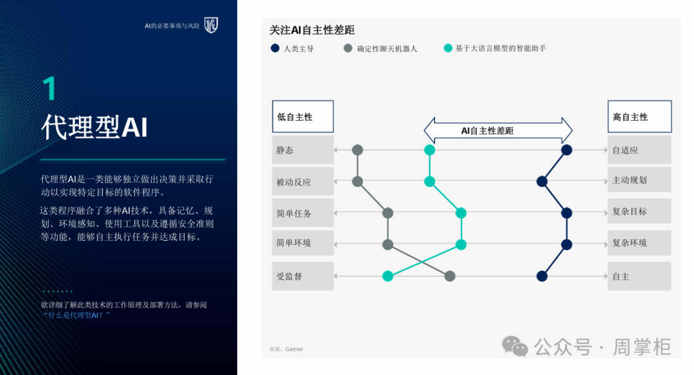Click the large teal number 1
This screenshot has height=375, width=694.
[x=49, y=88]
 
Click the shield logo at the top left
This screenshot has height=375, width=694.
[x=211, y=25]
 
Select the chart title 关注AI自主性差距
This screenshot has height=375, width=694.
[x=312, y=30]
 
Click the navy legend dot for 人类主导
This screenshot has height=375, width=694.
[x=275, y=48]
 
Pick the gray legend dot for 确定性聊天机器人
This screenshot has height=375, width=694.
[x=348, y=48]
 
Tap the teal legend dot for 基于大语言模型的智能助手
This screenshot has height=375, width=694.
[x=448, y=48]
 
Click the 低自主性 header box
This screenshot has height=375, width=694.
[x=303, y=117]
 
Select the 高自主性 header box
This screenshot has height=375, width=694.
[x=639, y=117]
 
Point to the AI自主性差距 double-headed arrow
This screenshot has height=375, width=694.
[x=498, y=130]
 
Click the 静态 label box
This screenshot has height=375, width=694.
[x=303, y=150]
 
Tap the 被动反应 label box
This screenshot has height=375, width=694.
[x=303, y=181]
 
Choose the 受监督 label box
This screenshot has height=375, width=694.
[x=303, y=276]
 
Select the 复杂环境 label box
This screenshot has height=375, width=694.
[x=639, y=243]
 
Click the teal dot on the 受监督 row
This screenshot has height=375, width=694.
[x=387, y=276]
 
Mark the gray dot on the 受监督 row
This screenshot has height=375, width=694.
[x=450, y=276]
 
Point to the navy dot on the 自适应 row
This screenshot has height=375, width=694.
[x=567, y=150]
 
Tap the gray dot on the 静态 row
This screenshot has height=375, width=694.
[x=358, y=150]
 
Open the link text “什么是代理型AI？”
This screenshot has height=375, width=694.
[x=76, y=315]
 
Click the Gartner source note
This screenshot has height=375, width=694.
[x=287, y=349]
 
